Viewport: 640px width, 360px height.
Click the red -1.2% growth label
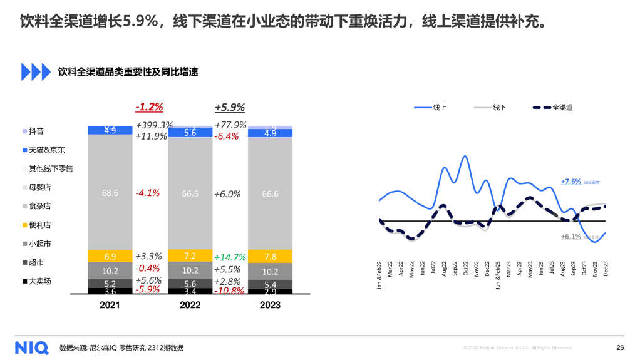149,106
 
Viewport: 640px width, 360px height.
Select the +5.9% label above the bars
229,106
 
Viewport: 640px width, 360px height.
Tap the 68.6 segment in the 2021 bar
110,193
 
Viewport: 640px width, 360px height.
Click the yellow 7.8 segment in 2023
271,256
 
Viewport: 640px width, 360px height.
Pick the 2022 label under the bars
190,305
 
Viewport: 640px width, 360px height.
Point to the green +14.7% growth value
230,257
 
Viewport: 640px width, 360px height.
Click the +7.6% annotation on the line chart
571,182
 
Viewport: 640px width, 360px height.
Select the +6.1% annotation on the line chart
571,237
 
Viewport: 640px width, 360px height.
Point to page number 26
620,347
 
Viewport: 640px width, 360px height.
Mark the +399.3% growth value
154,125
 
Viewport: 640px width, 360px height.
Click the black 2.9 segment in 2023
271,292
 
